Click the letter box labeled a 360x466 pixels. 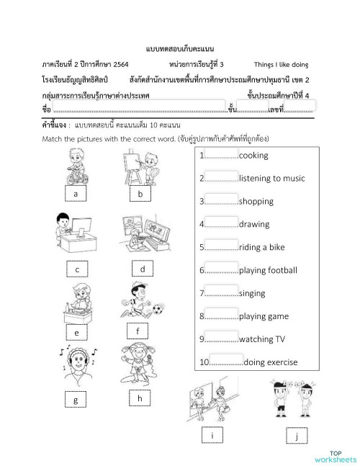(76, 194)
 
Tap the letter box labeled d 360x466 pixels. (143, 269)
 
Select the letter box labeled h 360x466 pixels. (140, 398)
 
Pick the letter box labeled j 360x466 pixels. (296, 436)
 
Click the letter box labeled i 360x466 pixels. (212, 436)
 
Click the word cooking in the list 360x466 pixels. (253, 156)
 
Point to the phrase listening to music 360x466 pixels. (271, 178)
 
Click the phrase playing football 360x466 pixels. (267, 270)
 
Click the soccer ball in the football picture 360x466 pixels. (158, 310)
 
